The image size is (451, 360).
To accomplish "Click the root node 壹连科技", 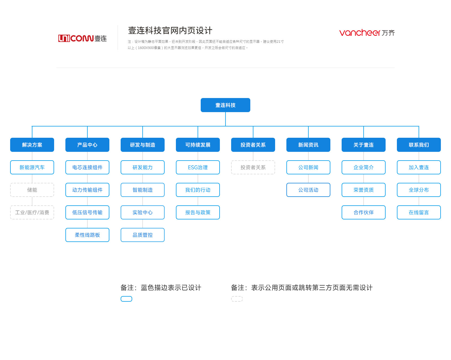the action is pyautogui.click(x=225, y=105).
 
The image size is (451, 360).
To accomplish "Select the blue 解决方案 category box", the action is pyautogui.click(x=32, y=145).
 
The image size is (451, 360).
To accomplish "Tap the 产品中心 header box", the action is pyautogui.click(x=87, y=145).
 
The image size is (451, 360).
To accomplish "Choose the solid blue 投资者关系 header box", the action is pyautogui.click(x=253, y=145).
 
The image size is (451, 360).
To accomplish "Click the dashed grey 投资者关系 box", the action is pyautogui.click(x=253, y=167).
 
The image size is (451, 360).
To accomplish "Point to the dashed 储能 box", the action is pyautogui.click(x=32, y=190).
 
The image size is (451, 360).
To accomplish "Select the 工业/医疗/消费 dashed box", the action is pyautogui.click(x=32, y=212).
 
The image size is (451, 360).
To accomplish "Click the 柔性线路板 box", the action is pyautogui.click(x=87, y=235).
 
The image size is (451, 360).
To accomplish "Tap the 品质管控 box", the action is pyautogui.click(x=143, y=235).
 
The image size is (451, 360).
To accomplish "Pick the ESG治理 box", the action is pyautogui.click(x=198, y=167).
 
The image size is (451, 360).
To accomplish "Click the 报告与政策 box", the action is pyautogui.click(x=198, y=212).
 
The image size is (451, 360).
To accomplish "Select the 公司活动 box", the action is pyautogui.click(x=308, y=190).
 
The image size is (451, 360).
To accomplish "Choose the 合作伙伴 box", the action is pyautogui.click(x=363, y=212).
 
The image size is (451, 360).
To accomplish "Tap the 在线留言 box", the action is pyautogui.click(x=419, y=212).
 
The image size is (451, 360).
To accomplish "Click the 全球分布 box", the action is pyautogui.click(x=419, y=190).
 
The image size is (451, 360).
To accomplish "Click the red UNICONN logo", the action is pyautogui.click(x=82, y=38).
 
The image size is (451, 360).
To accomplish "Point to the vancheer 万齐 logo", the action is pyautogui.click(x=367, y=33).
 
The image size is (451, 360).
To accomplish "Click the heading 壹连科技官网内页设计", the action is pyautogui.click(x=170, y=31).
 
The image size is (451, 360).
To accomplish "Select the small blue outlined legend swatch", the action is pyautogui.click(x=126, y=299).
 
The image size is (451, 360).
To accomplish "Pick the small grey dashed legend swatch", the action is pyautogui.click(x=237, y=299).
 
